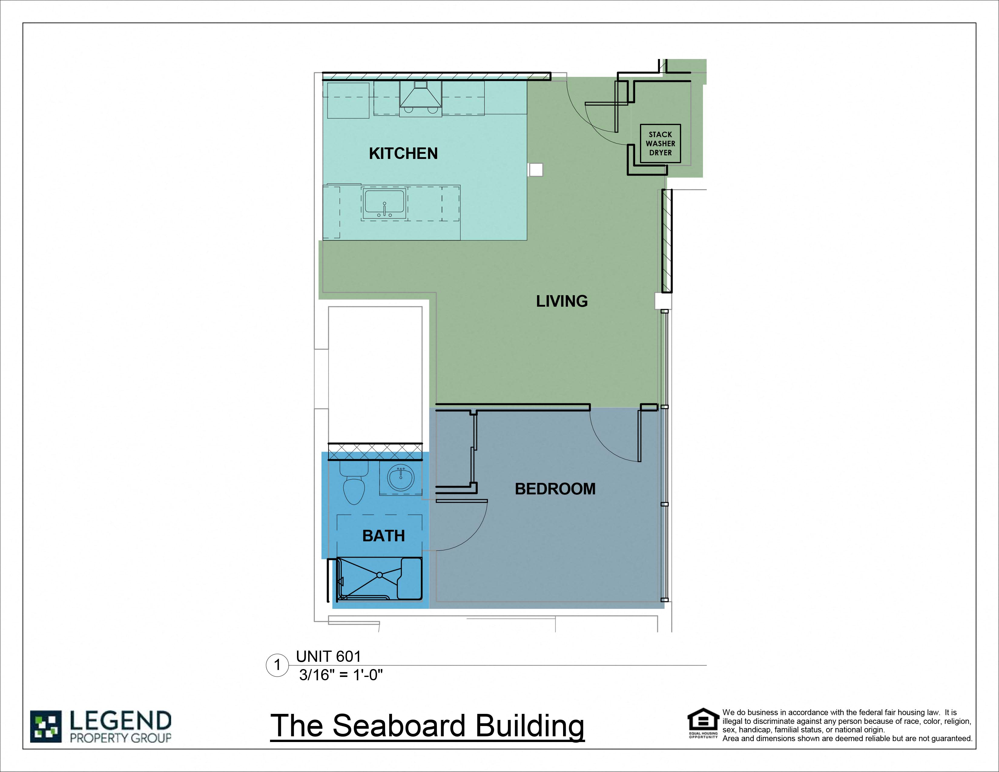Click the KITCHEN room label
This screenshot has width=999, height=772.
403,153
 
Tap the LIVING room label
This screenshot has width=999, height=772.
562,301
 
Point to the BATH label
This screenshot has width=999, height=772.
383,536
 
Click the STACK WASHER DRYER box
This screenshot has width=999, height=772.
660,144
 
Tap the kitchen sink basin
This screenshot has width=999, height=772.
384,203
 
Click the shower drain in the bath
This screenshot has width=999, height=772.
379,574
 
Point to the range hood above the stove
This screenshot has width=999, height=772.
421,96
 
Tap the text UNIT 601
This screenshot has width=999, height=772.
328,657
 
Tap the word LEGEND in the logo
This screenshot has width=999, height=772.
120,721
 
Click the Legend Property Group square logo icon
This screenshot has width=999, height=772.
46,726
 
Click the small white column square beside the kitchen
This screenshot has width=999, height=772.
536,170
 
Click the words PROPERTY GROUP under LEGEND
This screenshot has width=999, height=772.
120,738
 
